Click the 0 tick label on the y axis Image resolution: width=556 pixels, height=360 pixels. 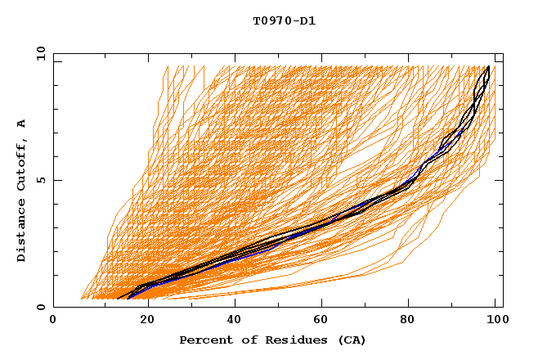coord(41,308)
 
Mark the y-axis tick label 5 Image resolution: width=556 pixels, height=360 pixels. coord(41,180)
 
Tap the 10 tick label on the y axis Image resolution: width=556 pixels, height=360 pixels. coord(38,53)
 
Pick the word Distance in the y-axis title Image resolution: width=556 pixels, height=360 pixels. coord(22,232)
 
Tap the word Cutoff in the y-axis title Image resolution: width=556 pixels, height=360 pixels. coord(22,169)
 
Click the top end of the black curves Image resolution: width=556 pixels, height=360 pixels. coord(488,68)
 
